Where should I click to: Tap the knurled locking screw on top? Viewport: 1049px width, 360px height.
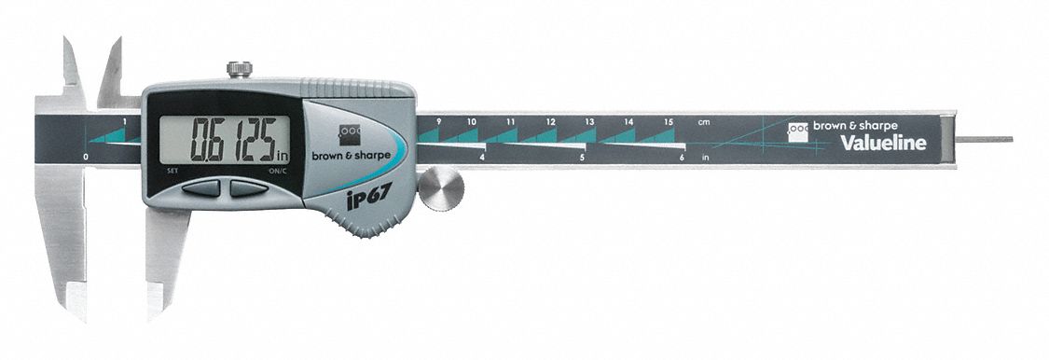click(x=240, y=70)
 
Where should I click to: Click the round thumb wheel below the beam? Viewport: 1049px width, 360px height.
click(x=440, y=190)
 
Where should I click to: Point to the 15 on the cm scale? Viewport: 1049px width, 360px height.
click(x=669, y=122)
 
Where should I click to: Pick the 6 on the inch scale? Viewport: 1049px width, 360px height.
click(x=682, y=159)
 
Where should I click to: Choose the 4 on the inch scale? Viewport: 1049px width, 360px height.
click(x=481, y=159)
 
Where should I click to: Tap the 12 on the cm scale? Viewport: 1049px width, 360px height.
click(x=551, y=122)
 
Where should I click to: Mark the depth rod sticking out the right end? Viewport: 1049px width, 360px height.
click(x=986, y=140)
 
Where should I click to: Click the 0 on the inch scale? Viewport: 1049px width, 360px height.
click(x=86, y=158)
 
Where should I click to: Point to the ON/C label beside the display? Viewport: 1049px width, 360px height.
click(x=277, y=172)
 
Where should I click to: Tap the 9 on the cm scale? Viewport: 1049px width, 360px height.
click(x=437, y=122)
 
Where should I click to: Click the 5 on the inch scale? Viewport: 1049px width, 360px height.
click(x=582, y=159)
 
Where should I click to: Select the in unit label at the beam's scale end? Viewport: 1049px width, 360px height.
click(x=706, y=159)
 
